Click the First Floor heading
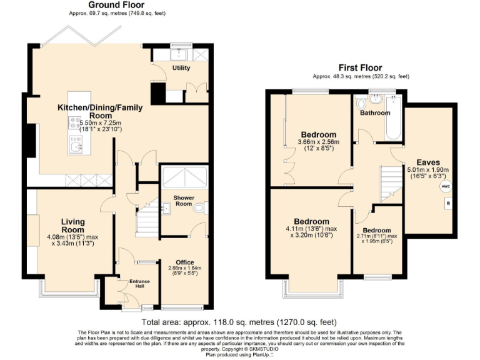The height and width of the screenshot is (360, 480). pos(360,67)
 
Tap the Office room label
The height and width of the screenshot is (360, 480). pos(184,262)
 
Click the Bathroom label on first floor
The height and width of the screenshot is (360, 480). pos(375,113)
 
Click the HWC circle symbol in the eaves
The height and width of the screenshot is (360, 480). pos(445,186)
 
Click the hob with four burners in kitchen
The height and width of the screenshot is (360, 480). pos(76,123)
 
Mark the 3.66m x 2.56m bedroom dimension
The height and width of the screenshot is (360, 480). pos(319,142)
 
